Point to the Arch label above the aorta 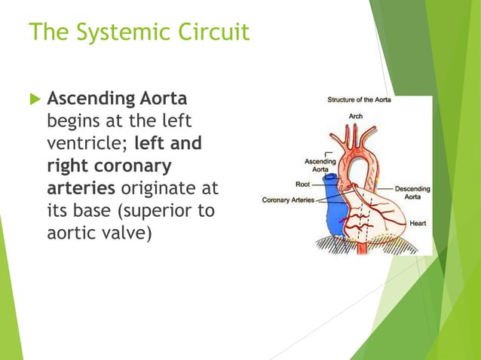click(356, 116)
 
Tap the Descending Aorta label click(413, 192)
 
